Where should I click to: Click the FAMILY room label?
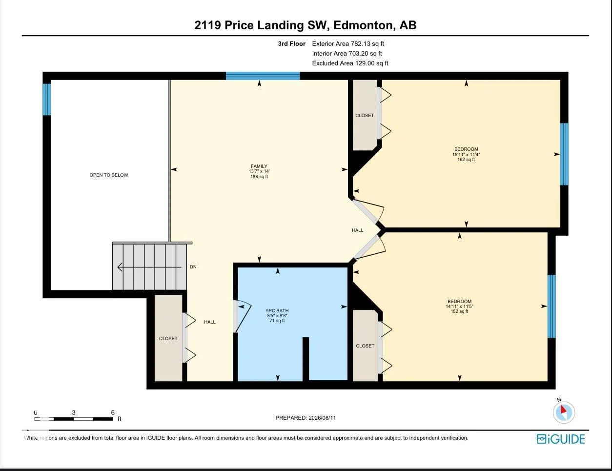pos(259,166)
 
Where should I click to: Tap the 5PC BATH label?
pos(277,310)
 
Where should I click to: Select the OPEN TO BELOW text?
pos(109,175)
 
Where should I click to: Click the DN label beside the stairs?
pos(193,266)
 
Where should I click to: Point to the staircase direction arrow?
pos(149,267)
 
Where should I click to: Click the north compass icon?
pos(564,412)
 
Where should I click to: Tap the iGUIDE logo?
pos(560,439)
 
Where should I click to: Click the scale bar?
pos(74,419)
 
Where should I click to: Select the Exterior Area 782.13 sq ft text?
pos(348,43)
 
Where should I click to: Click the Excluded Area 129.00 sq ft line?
pos(350,63)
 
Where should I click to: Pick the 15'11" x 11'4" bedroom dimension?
pos(466,154)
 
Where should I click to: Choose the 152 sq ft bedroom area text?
pos(459,311)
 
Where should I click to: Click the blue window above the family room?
pos(263,76)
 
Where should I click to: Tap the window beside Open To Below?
pos(47,100)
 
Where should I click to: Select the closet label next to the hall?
pos(168,338)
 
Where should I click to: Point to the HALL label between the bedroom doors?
pos(357,230)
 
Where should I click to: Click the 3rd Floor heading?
pos(291,43)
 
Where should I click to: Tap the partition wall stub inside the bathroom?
pos(306,359)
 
